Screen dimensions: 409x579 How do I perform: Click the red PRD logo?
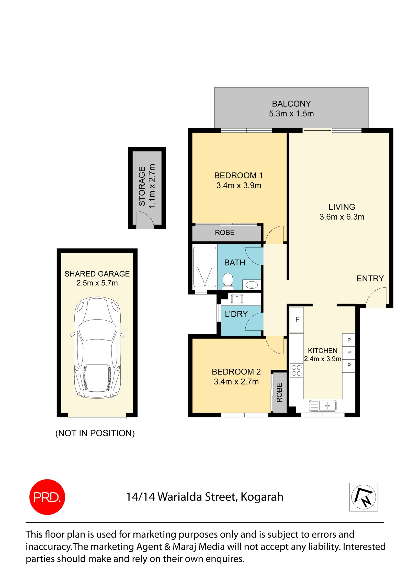click(x=47, y=497)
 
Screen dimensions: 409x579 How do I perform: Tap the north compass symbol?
click(x=363, y=497)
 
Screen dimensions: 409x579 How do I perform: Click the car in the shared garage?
click(x=97, y=347)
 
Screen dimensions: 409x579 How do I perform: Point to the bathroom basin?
click(x=252, y=285)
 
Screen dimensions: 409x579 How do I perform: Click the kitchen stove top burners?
click(x=297, y=370)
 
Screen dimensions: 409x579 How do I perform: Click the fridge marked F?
click(x=297, y=320)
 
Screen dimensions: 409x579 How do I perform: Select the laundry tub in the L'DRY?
click(x=237, y=299)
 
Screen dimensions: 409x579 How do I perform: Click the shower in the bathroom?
click(x=205, y=267)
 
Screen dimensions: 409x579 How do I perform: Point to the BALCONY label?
click(x=291, y=104)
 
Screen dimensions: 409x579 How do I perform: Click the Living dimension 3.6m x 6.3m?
click(x=342, y=217)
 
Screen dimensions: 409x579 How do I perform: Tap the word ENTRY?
click(x=370, y=278)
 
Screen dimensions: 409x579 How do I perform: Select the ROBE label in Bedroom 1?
click(x=225, y=233)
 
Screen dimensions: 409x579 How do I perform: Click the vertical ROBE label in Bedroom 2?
click(x=279, y=393)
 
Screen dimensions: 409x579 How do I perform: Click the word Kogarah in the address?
click(x=262, y=497)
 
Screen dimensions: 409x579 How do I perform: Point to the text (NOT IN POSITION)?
click(x=95, y=433)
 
